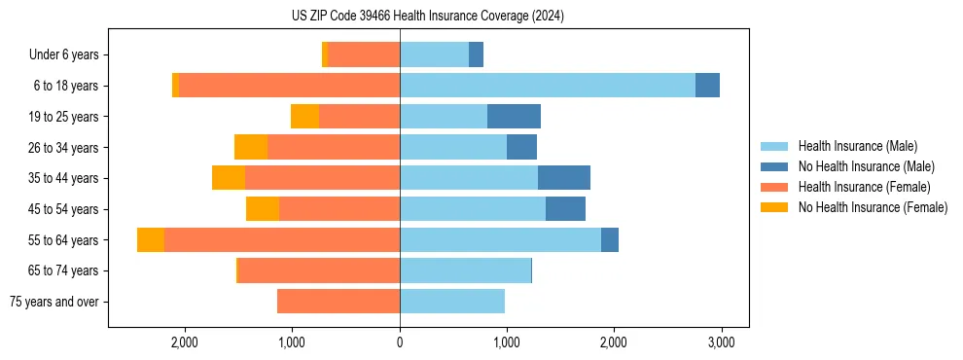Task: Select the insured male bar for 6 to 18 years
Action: (548, 86)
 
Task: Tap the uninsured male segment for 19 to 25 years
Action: (514, 117)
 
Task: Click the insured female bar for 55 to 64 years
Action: (282, 240)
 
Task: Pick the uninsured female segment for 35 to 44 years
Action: (229, 178)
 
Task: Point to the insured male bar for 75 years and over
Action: (452, 302)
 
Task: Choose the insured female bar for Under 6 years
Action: (364, 54)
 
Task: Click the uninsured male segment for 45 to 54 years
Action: (565, 209)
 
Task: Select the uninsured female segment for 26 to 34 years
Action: (251, 147)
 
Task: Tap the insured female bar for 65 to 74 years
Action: (319, 270)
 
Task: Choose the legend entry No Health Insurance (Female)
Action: (873, 207)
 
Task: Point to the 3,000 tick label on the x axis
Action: (720, 342)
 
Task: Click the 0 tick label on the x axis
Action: (400, 342)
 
